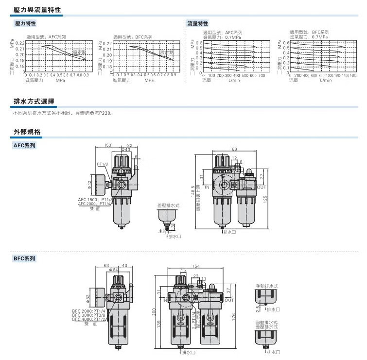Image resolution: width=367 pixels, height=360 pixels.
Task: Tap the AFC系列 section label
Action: pyautogui.click(x=25, y=145)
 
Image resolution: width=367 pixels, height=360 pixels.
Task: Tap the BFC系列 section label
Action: pyautogui.click(x=25, y=259)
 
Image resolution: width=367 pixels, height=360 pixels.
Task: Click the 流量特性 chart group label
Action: pyautogui.click(x=198, y=23)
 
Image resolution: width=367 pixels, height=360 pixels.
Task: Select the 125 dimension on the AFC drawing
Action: pyautogui.click(x=265, y=199)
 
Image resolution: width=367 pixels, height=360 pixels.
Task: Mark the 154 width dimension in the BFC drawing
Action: pyautogui.click(x=196, y=266)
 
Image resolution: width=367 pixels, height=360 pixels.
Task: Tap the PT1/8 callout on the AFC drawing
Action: pyautogui.click(x=102, y=164)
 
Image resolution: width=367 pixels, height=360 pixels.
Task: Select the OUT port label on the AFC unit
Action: pyautogui.click(x=261, y=187)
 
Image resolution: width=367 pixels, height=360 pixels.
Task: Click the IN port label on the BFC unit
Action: pyautogui.click(x=164, y=300)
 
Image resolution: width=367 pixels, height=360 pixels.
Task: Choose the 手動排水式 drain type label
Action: pyautogui.click(x=267, y=286)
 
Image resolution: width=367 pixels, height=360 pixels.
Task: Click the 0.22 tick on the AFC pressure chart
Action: pyautogui.click(x=20, y=43)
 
